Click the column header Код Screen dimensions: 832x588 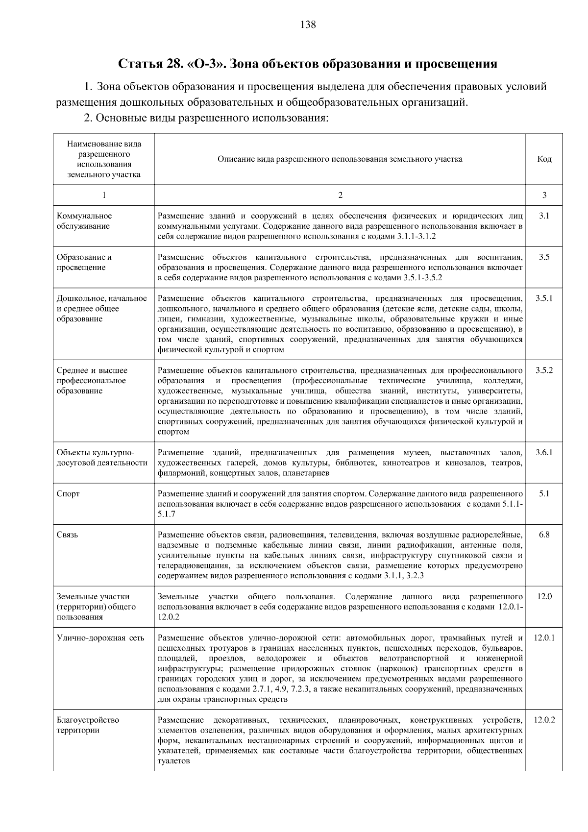[x=544, y=159]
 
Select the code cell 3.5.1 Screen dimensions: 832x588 [x=544, y=298]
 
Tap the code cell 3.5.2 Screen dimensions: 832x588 [x=544, y=370]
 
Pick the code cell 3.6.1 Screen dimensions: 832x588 [x=544, y=452]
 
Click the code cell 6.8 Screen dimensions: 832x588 [x=544, y=535]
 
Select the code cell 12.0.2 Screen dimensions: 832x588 [x=544, y=720]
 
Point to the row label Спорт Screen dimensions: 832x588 [x=68, y=494]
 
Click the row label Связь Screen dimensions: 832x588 [x=68, y=535]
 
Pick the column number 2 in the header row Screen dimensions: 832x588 [x=340, y=195]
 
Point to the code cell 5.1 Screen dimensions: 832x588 [x=544, y=494]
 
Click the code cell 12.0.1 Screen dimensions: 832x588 [x=544, y=638]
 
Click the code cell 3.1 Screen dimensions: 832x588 [x=544, y=216]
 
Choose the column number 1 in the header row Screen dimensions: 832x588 [x=104, y=195]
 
